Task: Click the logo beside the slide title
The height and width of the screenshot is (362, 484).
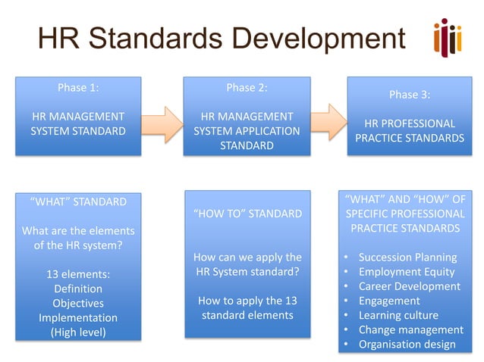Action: click(x=447, y=37)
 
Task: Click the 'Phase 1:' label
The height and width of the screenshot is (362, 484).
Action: click(x=78, y=88)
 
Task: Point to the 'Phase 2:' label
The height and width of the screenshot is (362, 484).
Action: click(x=247, y=88)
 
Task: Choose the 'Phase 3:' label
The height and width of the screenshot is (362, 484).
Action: click(x=410, y=95)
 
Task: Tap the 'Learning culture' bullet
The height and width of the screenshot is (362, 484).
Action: click(x=398, y=315)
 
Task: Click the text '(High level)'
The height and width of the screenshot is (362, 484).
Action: click(x=78, y=332)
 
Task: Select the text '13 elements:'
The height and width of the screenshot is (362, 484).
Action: click(x=78, y=274)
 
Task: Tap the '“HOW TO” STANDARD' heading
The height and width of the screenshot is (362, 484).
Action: click(x=247, y=214)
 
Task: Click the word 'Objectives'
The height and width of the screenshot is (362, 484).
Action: click(x=78, y=303)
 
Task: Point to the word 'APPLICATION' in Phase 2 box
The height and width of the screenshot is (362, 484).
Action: click(x=269, y=131)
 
